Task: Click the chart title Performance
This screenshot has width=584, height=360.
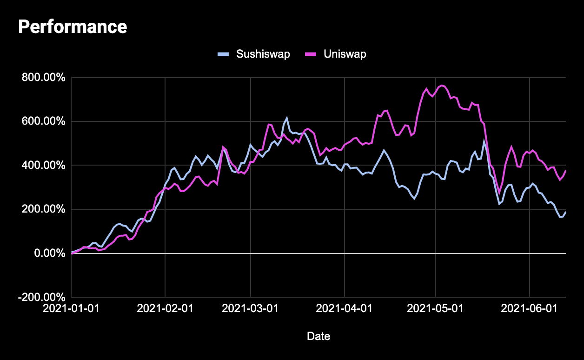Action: (x=72, y=27)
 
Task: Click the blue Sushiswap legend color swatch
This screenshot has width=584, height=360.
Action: (x=223, y=54)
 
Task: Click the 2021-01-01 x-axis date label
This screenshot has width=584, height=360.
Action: (x=71, y=309)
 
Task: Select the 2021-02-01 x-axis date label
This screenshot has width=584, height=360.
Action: (x=165, y=309)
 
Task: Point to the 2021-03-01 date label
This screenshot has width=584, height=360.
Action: (x=251, y=309)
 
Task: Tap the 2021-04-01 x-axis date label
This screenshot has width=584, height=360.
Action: (x=345, y=309)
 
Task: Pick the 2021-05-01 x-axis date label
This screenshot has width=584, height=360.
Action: (x=436, y=309)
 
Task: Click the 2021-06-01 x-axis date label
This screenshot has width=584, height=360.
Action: (x=530, y=309)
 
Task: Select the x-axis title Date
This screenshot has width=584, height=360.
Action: (x=319, y=336)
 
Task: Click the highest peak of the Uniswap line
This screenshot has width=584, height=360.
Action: (x=442, y=85)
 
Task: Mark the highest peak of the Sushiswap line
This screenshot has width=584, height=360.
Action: (x=287, y=118)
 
